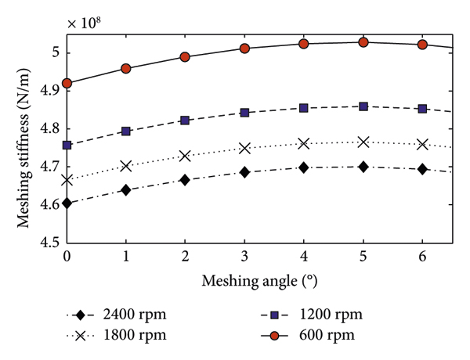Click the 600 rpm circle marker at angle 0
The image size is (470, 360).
click(67, 83)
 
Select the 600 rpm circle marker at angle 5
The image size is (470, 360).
click(363, 42)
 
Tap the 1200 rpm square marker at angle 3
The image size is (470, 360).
click(244, 113)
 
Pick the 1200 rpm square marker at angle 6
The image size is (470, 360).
click(422, 109)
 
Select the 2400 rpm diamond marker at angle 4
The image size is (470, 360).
click(304, 167)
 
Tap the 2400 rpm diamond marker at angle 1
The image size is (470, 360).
click(126, 190)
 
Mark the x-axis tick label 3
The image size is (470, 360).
click(244, 257)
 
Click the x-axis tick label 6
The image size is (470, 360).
click(422, 257)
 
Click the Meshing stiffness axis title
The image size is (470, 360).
click(17, 137)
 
